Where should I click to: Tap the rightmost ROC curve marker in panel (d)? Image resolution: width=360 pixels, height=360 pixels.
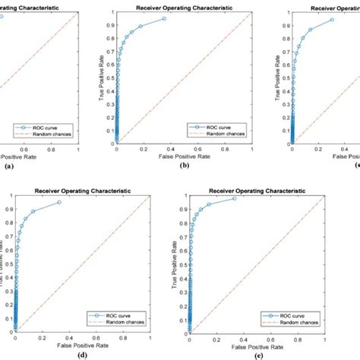coord(59,202)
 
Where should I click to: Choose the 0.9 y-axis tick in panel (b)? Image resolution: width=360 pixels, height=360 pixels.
coord(108,25)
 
